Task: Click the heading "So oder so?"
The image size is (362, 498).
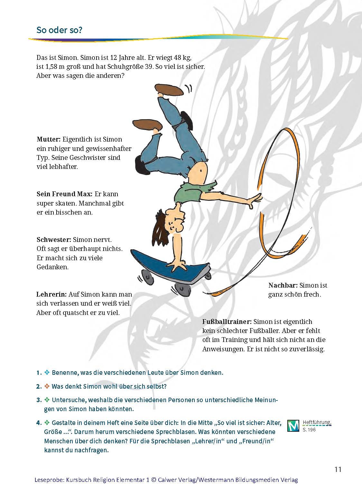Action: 60,30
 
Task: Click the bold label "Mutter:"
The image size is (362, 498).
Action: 49,140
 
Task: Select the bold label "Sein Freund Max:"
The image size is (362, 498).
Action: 64,194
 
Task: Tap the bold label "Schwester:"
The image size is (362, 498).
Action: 54,240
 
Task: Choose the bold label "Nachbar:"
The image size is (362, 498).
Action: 283,285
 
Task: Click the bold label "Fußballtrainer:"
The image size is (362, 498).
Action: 227,322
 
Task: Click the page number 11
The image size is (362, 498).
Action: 338,469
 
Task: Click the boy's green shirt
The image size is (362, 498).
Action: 191,192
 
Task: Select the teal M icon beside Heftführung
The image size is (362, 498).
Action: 293,426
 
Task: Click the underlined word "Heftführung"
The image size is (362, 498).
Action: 317,422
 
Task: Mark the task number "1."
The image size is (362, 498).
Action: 39,373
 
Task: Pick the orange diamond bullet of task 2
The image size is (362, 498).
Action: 47,386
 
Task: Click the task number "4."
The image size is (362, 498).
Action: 39,423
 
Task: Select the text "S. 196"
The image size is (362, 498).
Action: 309,430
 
